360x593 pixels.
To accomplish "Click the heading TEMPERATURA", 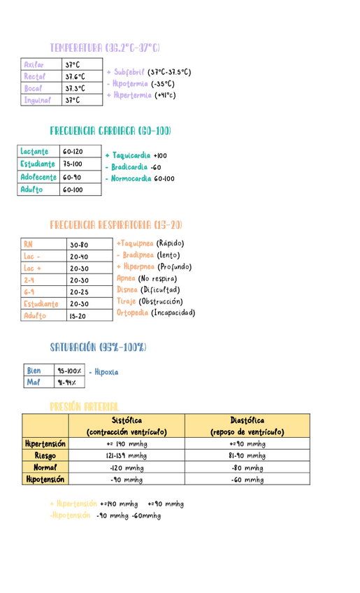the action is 76,48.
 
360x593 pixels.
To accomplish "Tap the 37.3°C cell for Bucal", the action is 75,88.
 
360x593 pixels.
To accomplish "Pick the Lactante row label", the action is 35,151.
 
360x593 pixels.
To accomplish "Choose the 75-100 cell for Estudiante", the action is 72,164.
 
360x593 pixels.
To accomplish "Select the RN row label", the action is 28,245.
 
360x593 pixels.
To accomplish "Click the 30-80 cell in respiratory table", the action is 79,245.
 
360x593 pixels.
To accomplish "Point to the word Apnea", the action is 127,278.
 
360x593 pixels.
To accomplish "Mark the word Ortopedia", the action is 133,313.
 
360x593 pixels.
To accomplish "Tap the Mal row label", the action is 34,383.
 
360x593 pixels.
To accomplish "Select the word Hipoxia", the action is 106,372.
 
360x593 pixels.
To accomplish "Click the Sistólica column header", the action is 127,420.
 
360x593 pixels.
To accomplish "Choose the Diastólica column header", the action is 247,420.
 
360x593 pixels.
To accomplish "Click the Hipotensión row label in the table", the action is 45,480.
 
